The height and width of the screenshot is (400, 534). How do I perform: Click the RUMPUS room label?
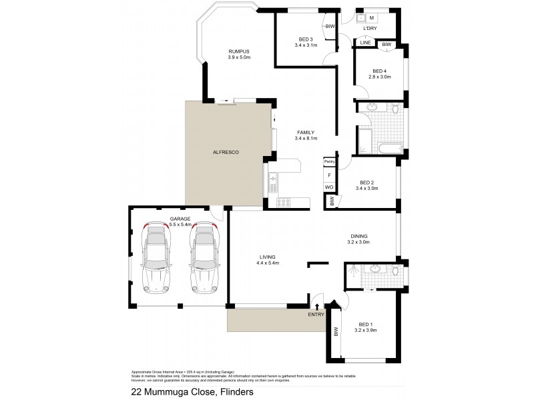pyautogui.click(x=238, y=51)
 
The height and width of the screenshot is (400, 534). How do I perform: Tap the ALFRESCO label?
pyautogui.click(x=226, y=153)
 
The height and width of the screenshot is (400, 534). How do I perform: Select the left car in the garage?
pyautogui.click(x=156, y=260)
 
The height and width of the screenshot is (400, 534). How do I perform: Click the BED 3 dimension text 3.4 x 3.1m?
pyautogui.click(x=307, y=45)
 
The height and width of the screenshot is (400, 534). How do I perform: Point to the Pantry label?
pyautogui.click(x=329, y=161)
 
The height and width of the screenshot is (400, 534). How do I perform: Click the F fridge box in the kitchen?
pyautogui.click(x=329, y=175)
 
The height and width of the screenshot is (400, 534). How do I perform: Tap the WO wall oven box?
pyautogui.click(x=329, y=187)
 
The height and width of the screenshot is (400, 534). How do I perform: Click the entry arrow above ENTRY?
pyautogui.click(x=316, y=306)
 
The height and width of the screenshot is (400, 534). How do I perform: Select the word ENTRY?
pyautogui.click(x=316, y=314)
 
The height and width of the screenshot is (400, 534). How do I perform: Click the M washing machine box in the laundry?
pyautogui.click(x=371, y=18)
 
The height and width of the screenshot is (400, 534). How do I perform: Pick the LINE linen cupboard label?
pyautogui.click(x=365, y=43)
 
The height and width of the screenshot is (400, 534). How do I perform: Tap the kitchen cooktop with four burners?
pyautogui.click(x=283, y=202)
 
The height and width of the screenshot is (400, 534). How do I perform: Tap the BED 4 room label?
pyautogui.click(x=379, y=71)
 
